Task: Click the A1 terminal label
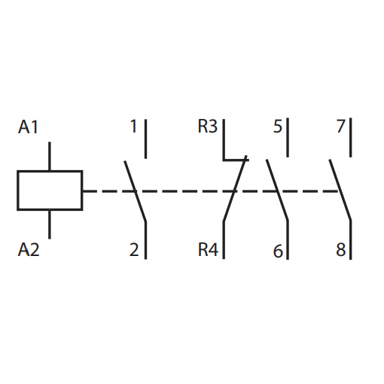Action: tap(28, 127)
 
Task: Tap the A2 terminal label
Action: tap(29, 249)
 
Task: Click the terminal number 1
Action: tap(134, 126)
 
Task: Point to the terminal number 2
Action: tap(134, 249)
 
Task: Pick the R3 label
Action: tap(207, 126)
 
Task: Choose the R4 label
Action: tap(208, 249)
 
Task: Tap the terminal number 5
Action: tap(278, 126)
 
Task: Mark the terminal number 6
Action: tap(278, 251)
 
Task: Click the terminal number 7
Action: tap(341, 126)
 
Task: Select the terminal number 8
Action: tap(341, 249)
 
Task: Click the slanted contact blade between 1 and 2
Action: tap(135, 191)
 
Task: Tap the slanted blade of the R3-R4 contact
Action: tap(235, 188)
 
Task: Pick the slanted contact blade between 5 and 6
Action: tap(277, 190)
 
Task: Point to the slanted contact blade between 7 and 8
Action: tap(340, 190)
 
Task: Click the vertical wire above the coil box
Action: tap(50, 156)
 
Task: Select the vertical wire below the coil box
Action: tap(50, 224)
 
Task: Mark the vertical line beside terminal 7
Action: tap(350, 138)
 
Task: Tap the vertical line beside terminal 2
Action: tap(145, 240)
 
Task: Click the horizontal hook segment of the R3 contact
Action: tap(236, 160)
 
